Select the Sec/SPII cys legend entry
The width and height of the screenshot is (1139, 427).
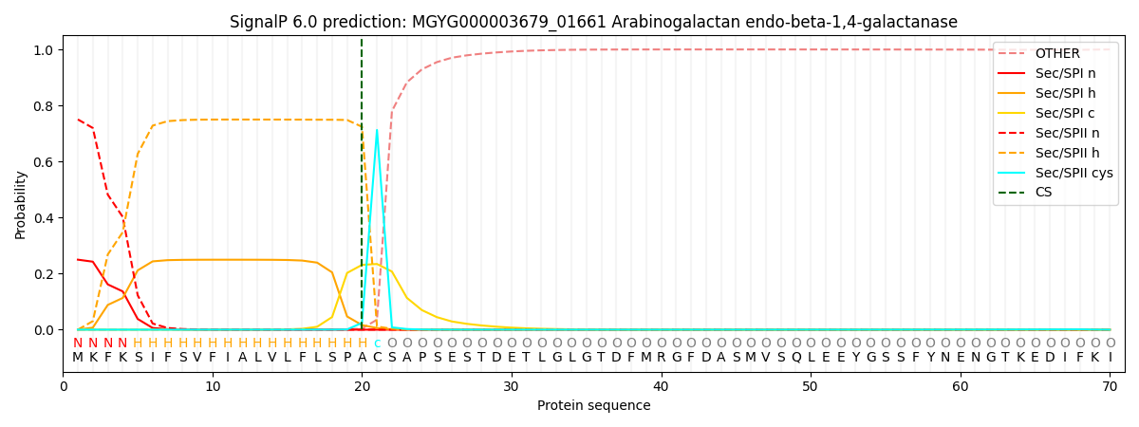click(x=1073, y=173)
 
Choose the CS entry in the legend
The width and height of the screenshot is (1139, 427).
click(x=1043, y=193)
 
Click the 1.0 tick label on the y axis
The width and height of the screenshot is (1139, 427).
click(x=45, y=50)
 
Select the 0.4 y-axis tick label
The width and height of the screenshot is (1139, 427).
click(x=45, y=218)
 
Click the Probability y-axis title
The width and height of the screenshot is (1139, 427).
click(x=21, y=204)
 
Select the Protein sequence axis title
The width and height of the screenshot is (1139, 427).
click(x=594, y=405)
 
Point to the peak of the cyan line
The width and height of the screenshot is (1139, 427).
click(x=377, y=130)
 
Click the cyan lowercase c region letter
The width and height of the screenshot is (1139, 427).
click(x=377, y=343)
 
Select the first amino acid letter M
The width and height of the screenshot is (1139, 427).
click(x=78, y=358)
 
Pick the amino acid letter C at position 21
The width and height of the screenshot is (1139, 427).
click(x=377, y=358)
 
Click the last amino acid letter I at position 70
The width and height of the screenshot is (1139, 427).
click(x=1110, y=358)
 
